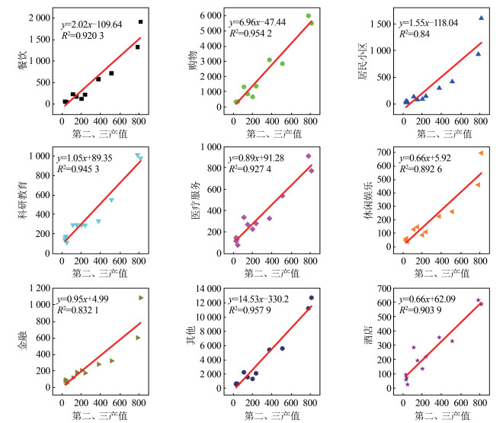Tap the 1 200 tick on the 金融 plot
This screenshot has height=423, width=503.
pos(38,289)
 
